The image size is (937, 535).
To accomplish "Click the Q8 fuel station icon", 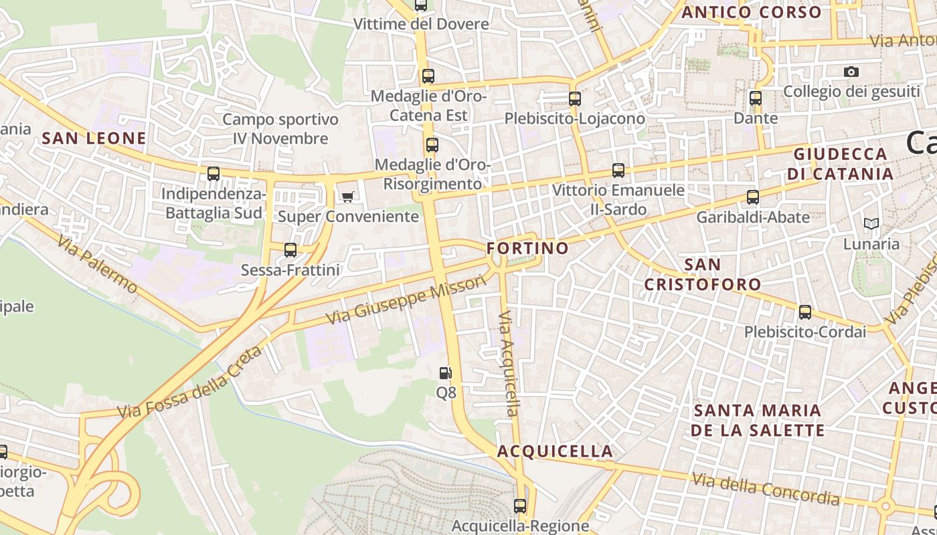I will (446, 373).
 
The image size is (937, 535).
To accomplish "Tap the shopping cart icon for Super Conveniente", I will (347, 197).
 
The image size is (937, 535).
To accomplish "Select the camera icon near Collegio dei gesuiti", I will (851, 72).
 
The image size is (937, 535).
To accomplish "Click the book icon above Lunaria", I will (871, 223).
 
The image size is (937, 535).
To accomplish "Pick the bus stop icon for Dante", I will (756, 98).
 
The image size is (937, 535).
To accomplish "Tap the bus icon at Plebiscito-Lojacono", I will (575, 99).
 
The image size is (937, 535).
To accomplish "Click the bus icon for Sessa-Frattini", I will (290, 250).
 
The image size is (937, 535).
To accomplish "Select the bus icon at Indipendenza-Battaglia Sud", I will (214, 174).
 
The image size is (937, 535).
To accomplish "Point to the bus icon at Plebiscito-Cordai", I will (805, 312).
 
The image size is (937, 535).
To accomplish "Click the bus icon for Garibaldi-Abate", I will (753, 197).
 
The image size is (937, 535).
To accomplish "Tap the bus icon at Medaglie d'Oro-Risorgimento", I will (432, 144).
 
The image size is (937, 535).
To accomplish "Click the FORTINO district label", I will (527, 248).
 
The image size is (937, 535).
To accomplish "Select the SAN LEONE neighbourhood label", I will (94, 138).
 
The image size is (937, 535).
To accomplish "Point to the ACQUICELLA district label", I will (555, 451).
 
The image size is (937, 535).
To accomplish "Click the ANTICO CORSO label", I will (751, 12).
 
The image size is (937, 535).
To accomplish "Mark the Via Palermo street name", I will (98, 264).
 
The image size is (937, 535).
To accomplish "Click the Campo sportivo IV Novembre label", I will (280, 129).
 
